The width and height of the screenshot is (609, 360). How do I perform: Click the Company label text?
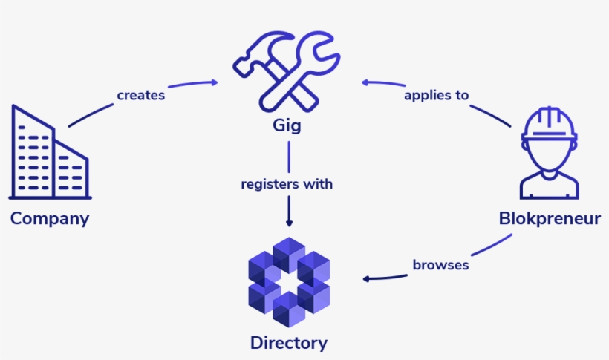tap(50, 219)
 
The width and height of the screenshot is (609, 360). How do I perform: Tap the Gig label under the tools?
tap(287, 125)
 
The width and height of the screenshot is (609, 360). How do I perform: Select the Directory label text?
tap(288, 343)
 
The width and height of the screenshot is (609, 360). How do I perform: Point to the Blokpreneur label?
tap(549, 219)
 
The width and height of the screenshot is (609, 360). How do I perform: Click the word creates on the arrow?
tap(140, 95)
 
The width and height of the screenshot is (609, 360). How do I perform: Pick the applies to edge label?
tap(436, 95)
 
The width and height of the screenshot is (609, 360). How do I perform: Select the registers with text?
tap(287, 184)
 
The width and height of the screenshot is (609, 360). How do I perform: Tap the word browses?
tap(440, 265)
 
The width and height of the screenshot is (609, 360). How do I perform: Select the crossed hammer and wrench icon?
tap(286, 71)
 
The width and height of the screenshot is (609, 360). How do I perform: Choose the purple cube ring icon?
tap(288, 282)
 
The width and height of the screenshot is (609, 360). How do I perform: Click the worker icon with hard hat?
tap(549, 152)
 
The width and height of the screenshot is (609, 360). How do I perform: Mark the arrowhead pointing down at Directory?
tap(289, 221)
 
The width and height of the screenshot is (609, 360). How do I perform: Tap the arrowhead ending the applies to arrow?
tap(365, 82)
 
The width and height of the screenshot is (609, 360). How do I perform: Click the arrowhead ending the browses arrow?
tap(367, 279)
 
